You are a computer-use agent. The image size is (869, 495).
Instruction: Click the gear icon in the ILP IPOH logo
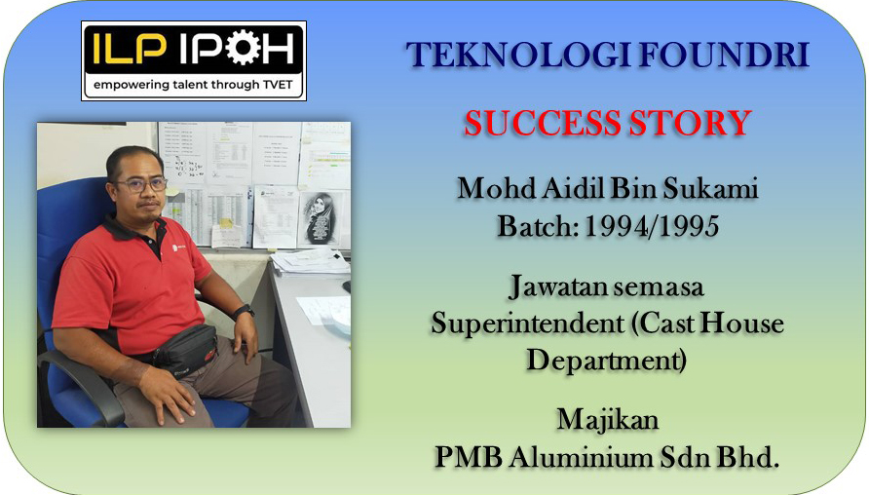[244, 48]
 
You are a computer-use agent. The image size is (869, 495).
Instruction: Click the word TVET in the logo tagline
[278, 85]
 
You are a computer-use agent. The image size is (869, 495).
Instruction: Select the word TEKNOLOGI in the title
[517, 55]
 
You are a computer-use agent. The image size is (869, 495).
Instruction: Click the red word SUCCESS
[542, 123]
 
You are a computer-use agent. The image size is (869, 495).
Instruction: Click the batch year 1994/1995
[653, 226]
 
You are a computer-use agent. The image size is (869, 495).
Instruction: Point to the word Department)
[607, 360]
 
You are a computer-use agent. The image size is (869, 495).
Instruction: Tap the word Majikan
[608, 420]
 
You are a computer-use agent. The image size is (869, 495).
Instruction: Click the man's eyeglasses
[142, 184]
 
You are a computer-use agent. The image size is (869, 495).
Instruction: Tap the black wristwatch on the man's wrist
[244, 312]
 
